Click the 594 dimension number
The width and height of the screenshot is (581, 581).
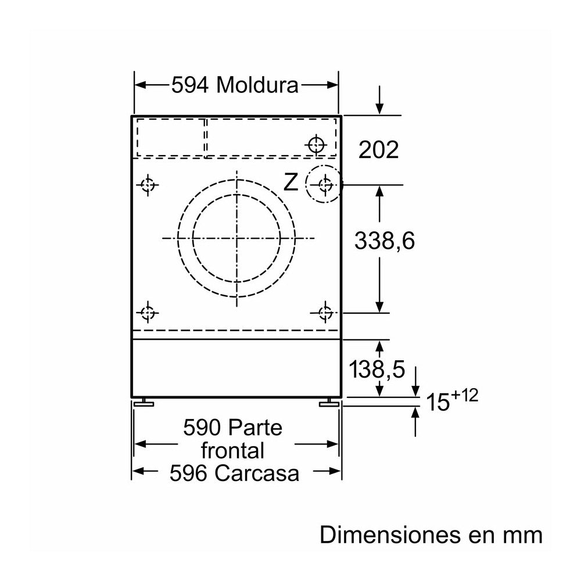(x=190, y=85)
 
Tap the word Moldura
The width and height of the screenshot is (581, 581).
(x=257, y=85)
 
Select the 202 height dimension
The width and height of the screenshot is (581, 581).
(x=378, y=150)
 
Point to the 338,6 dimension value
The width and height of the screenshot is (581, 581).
(x=384, y=241)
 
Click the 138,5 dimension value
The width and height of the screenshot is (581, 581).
(x=377, y=370)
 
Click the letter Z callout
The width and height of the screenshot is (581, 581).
(x=291, y=182)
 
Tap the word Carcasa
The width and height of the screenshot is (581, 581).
(x=256, y=473)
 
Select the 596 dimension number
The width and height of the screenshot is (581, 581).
(x=188, y=473)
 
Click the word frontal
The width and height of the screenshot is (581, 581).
(x=233, y=450)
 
